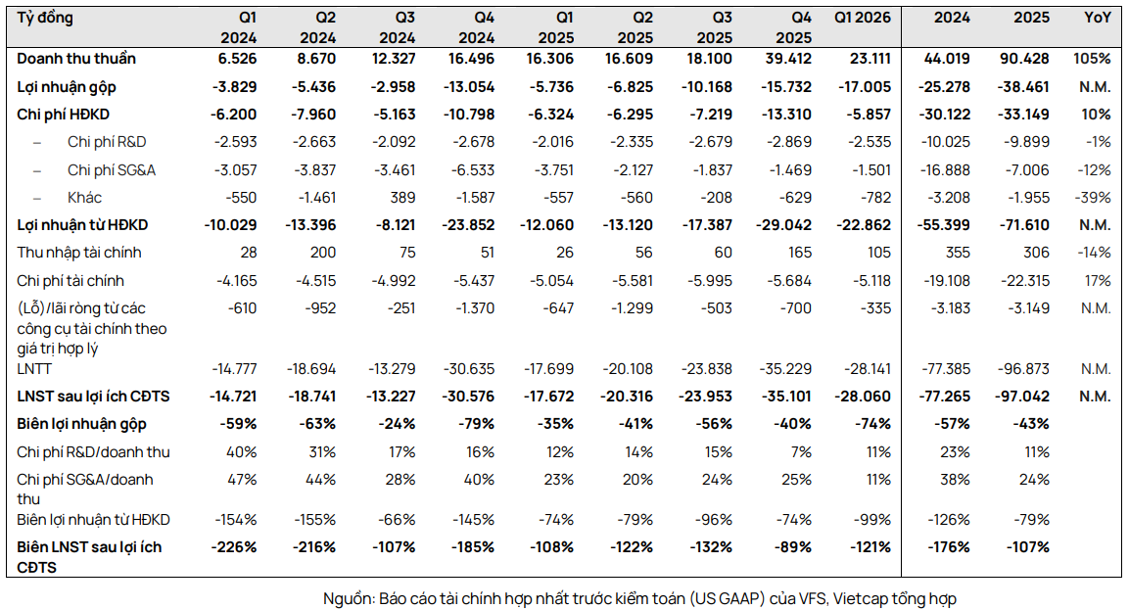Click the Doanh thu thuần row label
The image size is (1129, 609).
click(76, 59)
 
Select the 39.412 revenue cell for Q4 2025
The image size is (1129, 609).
click(787, 59)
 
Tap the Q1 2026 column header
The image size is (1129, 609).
click(862, 18)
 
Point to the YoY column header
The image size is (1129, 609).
click(1098, 18)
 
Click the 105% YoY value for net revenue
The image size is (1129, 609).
click(1092, 59)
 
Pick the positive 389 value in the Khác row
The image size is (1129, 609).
click(403, 197)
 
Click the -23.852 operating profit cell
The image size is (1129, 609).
click(468, 225)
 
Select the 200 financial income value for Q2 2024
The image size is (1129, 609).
click(323, 253)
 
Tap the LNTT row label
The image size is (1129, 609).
click(34, 369)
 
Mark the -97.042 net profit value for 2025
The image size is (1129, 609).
click(1023, 397)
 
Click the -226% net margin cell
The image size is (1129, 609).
click(233, 547)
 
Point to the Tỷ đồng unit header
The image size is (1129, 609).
click(45, 18)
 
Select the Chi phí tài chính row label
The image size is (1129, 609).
click(71, 281)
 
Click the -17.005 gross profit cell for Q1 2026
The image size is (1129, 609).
click(864, 87)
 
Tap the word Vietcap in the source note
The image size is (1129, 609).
click(860, 599)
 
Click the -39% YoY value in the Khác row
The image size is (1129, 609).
click(1098, 197)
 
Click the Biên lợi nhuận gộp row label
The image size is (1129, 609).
click(81, 424)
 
